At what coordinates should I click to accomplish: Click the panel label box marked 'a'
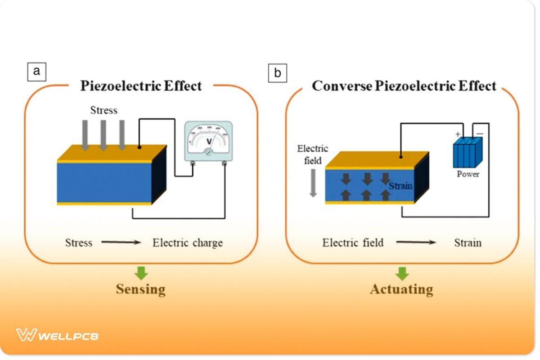[x=36, y=72]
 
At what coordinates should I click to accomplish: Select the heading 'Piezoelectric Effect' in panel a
[x=141, y=86]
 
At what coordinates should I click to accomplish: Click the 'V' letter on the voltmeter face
[x=208, y=141]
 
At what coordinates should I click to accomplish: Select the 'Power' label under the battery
[x=468, y=174]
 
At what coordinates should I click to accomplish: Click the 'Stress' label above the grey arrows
[x=103, y=110]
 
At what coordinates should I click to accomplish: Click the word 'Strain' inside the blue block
[x=400, y=185]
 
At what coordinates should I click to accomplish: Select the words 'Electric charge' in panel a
[x=188, y=243]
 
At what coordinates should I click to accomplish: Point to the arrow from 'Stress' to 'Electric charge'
[x=121, y=243]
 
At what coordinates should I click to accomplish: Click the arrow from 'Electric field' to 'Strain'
[x=416, y=243]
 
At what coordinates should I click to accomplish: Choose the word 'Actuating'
[x=401, y=289]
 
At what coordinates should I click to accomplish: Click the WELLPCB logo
[x=57, y=335]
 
